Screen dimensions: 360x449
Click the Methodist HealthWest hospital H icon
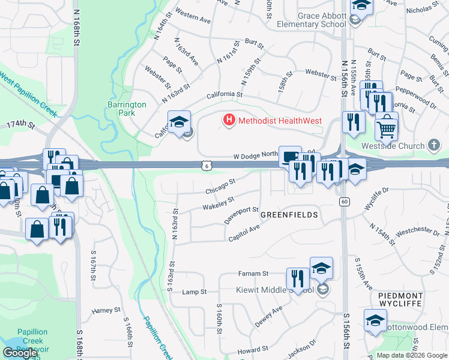229,121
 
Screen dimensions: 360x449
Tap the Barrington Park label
127,109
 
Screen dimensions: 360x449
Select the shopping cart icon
387,127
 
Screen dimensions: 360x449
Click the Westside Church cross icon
434,145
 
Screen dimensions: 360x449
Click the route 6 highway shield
206,164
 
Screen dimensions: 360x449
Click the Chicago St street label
220,186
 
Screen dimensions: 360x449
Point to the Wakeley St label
218,203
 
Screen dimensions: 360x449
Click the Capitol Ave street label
244,233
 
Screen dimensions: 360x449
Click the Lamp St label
194,292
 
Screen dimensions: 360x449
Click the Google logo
20,353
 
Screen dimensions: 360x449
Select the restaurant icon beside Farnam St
297,278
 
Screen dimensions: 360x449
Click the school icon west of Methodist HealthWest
178,122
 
